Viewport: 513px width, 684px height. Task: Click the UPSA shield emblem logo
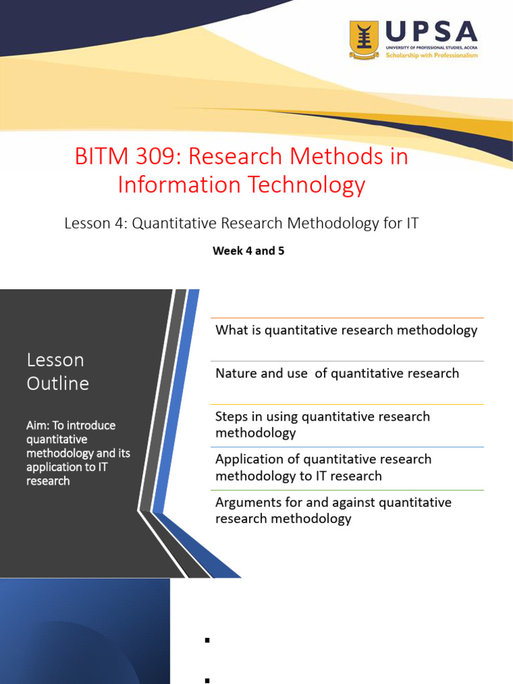tap(364, 40)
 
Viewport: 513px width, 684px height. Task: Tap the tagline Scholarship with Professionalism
tap(432, 55)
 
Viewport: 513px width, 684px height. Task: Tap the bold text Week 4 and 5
tap(248, 252)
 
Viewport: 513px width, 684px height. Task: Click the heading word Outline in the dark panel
tap(57, 383)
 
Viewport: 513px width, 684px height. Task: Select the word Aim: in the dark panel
tap(38, 425)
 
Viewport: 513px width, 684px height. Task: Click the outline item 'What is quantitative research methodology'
tap(346, 330)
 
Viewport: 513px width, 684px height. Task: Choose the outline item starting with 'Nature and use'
tap(337, 373)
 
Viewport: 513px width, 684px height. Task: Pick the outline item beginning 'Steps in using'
tap(323, 424)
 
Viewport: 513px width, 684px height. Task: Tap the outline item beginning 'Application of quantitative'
tap(323, 468)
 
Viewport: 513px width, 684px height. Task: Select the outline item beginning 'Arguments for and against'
tap(333, 510)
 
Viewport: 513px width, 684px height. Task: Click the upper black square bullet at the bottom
tap(207, 641)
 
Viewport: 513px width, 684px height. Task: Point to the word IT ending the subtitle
tap(412, 224)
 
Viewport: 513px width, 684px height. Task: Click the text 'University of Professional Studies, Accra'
tap(432, 48)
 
